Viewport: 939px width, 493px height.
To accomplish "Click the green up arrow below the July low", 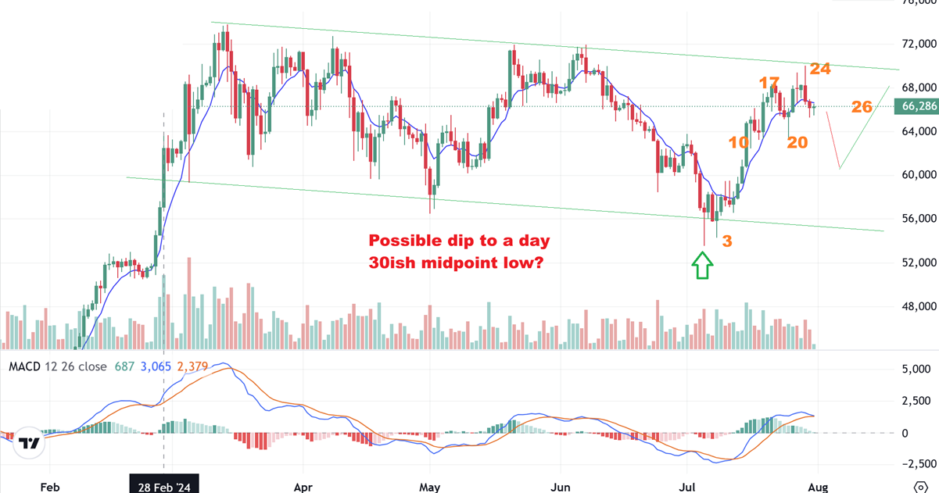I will pos(703,266).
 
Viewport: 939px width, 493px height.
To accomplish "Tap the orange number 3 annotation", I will pos(726,241).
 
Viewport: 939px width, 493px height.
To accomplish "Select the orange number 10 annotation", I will pos(739,142).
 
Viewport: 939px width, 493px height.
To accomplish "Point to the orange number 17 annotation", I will pos(769,83).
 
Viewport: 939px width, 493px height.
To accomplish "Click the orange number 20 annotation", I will pos(797,142).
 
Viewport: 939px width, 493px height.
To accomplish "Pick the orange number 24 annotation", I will pos(819,69).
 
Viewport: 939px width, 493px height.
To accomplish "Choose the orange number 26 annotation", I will pos(862,106).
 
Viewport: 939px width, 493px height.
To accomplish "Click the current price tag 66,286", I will pos(919,107).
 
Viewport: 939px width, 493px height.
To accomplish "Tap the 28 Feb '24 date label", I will pos(164,484).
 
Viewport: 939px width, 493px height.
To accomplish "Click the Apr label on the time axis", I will pos(303,484).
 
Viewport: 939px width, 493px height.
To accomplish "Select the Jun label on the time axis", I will pos(560,484).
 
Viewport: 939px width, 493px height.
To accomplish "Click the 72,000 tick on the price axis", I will pos(919,45).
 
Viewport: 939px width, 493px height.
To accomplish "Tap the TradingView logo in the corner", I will pos(29,443).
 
